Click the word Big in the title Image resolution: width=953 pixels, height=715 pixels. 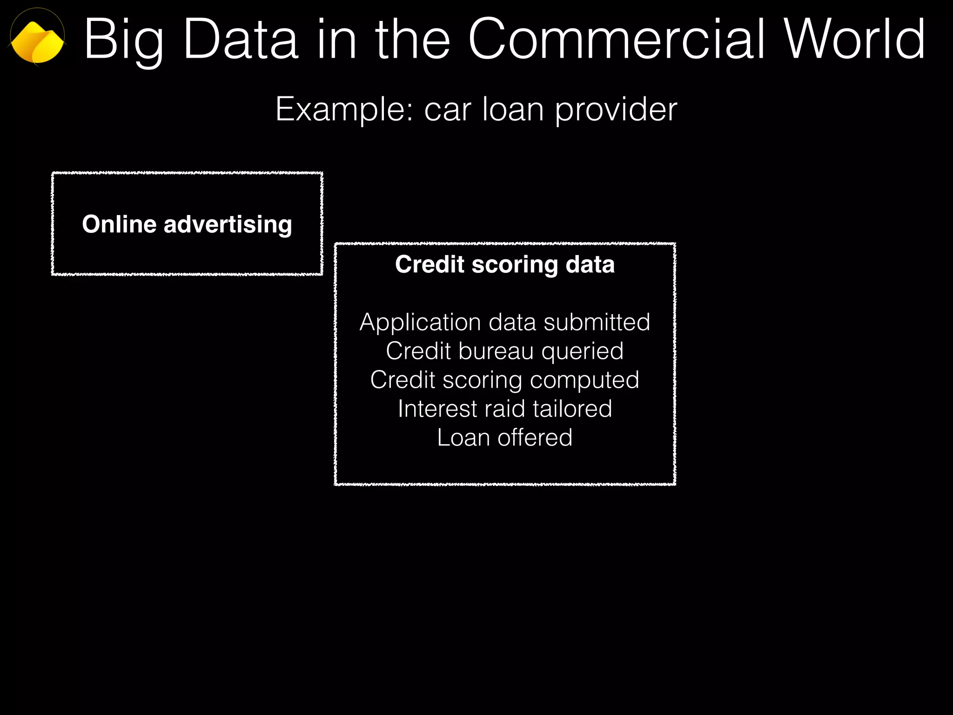(x=124, y=41)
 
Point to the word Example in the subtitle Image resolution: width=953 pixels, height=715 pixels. (x=344, y=110)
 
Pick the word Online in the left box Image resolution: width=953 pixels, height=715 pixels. (x=119, y=224)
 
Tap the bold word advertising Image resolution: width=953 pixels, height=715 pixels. (x=228, y=225)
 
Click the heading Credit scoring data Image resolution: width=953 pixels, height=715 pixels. (x=505, y=264)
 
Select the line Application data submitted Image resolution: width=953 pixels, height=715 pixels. (x=505, y=322)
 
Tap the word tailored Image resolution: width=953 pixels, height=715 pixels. (x=572, y=409)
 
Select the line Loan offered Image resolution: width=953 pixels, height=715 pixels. (x=505, y=438)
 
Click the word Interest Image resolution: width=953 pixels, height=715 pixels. (x=438, y=409)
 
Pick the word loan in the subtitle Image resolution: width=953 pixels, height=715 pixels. (x=513, y=110)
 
